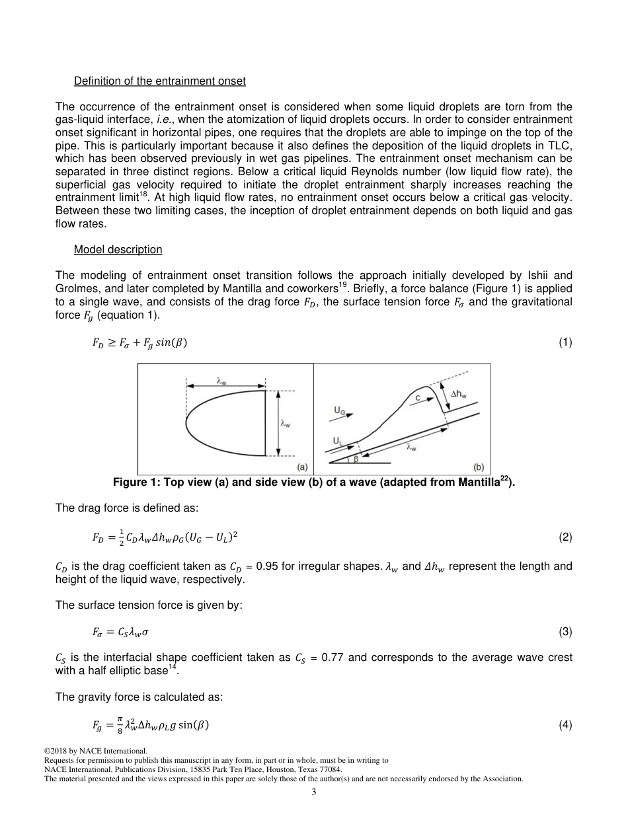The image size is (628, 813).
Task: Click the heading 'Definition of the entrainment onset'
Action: click(159, 81)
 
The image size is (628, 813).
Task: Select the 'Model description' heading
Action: click(118, 249)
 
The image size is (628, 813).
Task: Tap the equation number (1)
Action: click(565, 342)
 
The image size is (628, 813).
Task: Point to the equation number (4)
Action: click(565, 726)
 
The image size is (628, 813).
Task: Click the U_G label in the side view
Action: click(339, 410)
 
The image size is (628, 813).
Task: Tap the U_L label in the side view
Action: click(338, 438)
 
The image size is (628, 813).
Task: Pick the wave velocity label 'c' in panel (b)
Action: click(417, 398)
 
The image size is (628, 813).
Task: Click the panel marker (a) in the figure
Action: click(302, 467)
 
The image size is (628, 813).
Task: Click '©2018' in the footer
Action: click(57, 751)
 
